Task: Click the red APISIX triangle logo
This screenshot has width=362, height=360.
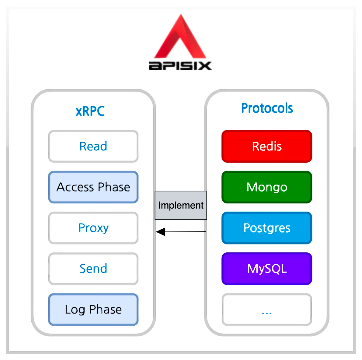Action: (x=181, y=40)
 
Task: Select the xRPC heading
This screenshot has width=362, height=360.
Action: (x=90, y=111)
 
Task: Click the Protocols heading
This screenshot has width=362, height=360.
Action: (x=267, y=108)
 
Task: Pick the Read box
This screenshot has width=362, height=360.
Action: (x=93, y=146)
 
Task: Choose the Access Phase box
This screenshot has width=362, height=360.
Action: (x=93, y=187)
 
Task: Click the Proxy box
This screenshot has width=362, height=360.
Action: (x=93, y=228)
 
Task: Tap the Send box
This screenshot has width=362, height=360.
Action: (x=93, y=268)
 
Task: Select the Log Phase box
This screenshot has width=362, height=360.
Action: (x=93, y=309)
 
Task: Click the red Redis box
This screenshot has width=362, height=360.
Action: (x=267, y=146)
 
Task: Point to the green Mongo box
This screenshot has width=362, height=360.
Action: (x=267, y=187)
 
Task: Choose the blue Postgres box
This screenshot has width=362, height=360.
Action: (x=267, y=228)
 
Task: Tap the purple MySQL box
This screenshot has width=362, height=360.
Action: (x=267, y=268)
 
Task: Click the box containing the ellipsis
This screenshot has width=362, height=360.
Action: (x=267, y=309)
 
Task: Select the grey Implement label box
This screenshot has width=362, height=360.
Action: (x=181, y=205)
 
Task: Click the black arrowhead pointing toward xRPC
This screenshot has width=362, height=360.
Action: (x=161, y=232)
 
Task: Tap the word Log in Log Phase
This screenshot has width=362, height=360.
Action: (x=75, y=310)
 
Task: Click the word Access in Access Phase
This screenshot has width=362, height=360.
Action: (x=75, y=187)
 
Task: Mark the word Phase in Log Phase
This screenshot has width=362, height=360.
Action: (x=106, y=309)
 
